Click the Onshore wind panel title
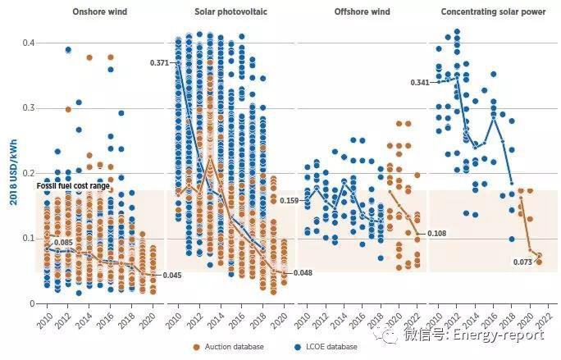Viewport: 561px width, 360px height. pyautogui.click(x=93, y=12)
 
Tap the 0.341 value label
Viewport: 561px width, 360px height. pyautogui.click(x=421, y=82)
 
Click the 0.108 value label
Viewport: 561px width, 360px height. pyautogui.click(x=438, y=234)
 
